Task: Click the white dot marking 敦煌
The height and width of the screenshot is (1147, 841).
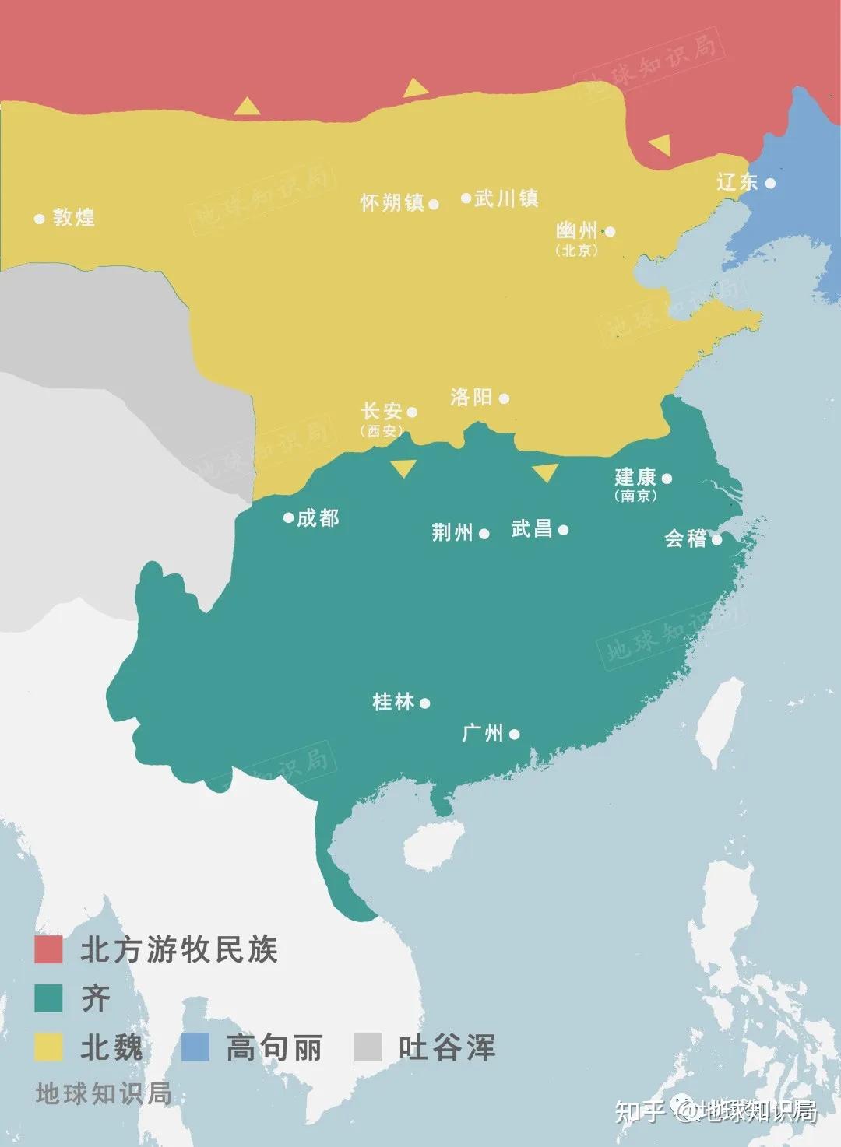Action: pos(40,219)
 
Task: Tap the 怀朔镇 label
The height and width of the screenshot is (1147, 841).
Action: pos(392,203)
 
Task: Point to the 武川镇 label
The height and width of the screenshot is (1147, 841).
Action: pos(507,198)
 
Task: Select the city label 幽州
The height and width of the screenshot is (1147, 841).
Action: pos(577,230)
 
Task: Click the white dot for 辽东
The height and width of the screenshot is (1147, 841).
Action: pos(770,183)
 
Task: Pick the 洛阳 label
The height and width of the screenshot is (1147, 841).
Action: pos(471,397)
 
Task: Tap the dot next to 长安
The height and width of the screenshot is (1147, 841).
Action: pos(413,412)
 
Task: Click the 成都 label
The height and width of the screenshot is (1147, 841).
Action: pos(318,517)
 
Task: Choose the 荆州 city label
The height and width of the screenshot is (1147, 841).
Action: pos(452,532)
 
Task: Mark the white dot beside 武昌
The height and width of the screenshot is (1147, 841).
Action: pos(563,530)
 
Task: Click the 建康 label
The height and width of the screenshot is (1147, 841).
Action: pos(635,477)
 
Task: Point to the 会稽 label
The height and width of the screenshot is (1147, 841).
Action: pos(685,538)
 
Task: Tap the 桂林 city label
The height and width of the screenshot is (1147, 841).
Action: pos(393,702)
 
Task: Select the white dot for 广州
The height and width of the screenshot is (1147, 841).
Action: pos(514,734)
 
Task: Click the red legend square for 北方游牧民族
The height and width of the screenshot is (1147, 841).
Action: pos(48,949)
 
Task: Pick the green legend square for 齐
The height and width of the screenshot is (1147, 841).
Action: pos(48,998)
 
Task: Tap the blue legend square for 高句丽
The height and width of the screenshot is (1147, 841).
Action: pos(195,1047)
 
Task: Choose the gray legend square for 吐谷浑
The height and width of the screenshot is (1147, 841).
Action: pos(368,1047)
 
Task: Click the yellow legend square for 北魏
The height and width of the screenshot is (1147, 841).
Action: pos(48,1047)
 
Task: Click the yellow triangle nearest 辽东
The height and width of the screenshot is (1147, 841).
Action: pos(660,145)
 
